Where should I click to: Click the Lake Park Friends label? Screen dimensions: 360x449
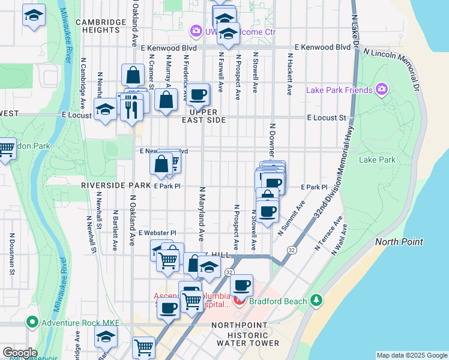tap(339, 91)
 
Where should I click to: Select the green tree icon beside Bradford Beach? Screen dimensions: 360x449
tap(318, 300)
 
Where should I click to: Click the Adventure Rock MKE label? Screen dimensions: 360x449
tap(80, 323)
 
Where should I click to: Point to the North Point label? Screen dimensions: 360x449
tap(399, 242)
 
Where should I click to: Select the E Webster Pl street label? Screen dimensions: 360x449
tap(157, 233)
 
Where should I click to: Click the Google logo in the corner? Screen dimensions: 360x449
tap(19, 353)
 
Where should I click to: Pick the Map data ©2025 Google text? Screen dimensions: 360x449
tap(411, 355)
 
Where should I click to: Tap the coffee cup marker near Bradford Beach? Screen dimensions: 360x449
tap(241, 286)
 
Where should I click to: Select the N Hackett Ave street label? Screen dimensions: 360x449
tap(289, 77)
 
